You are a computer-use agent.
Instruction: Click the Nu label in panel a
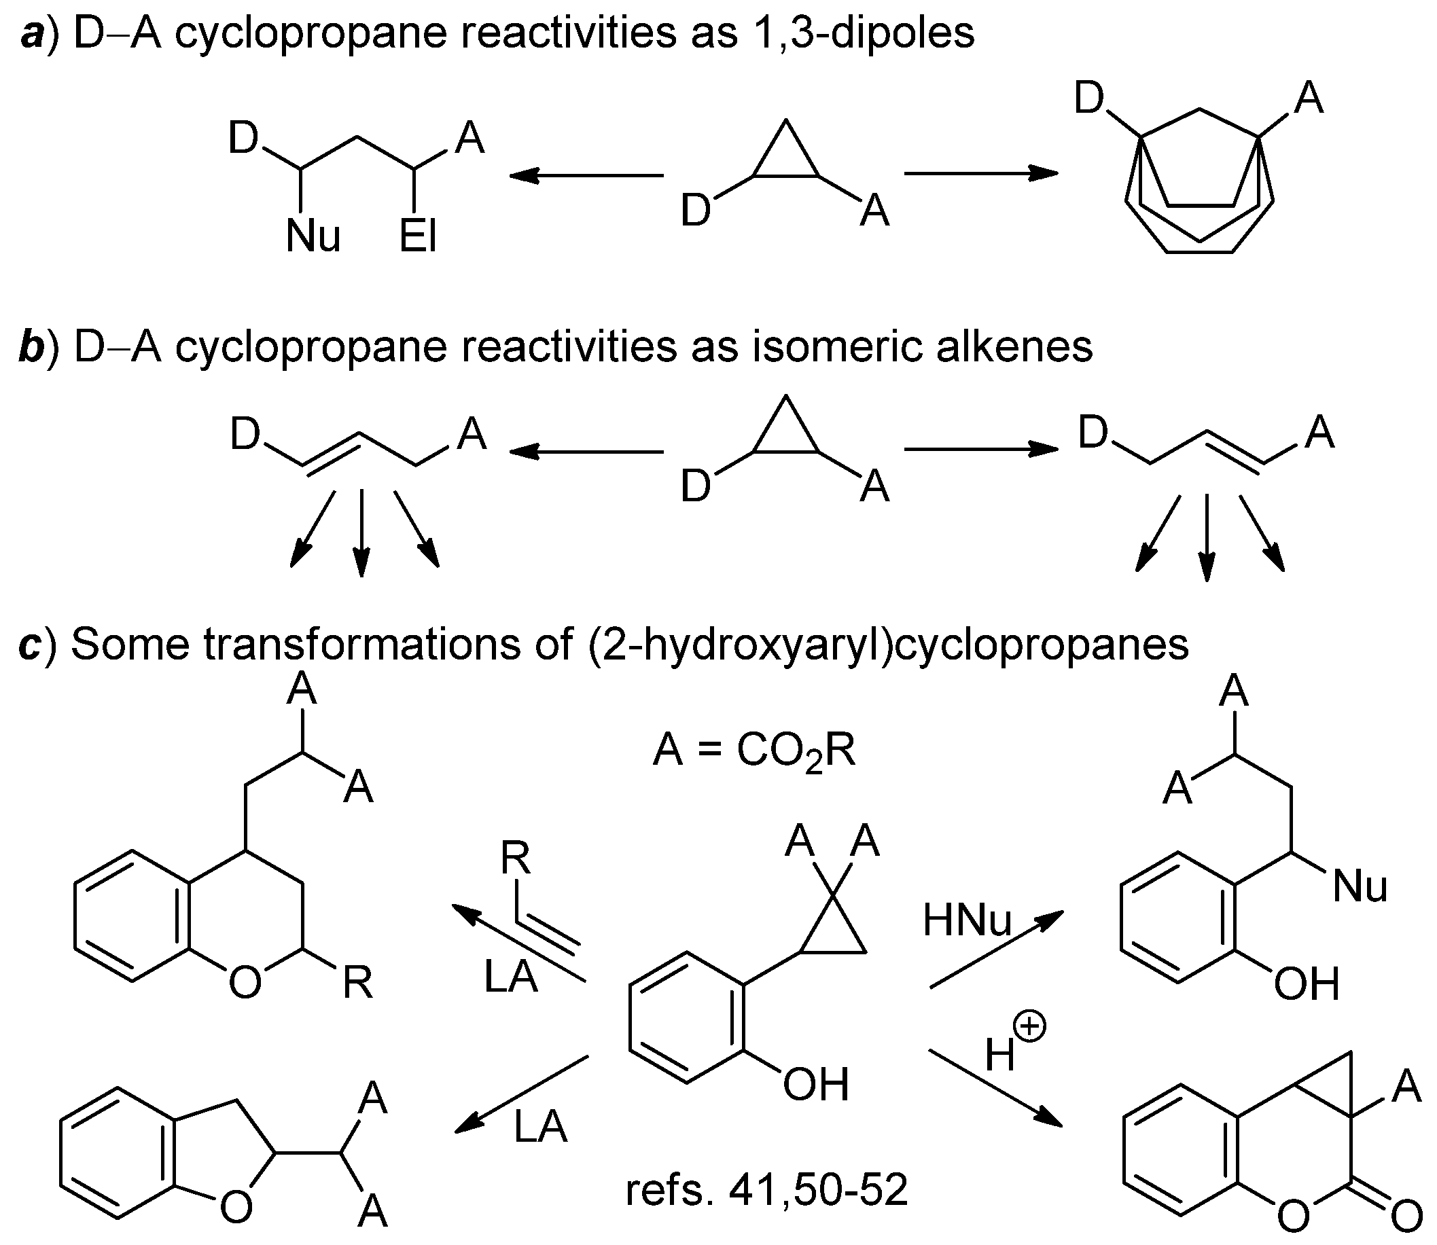[313, 236]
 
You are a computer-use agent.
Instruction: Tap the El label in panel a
[418, 236]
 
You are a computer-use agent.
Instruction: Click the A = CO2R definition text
[754, 751]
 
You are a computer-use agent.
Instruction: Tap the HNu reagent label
[968, 921]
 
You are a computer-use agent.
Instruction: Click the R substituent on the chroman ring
[357, 984]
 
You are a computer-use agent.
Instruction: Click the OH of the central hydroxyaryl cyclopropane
[816, 1085]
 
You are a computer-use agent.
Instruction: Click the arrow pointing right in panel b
[980, 450]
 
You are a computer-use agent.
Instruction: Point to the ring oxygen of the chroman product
[245, 984]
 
